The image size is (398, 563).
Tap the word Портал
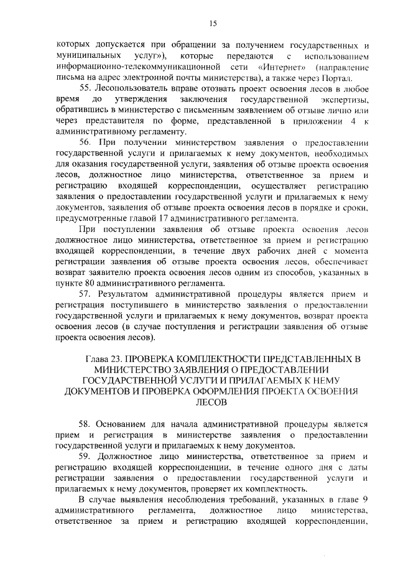click(338, 78)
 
